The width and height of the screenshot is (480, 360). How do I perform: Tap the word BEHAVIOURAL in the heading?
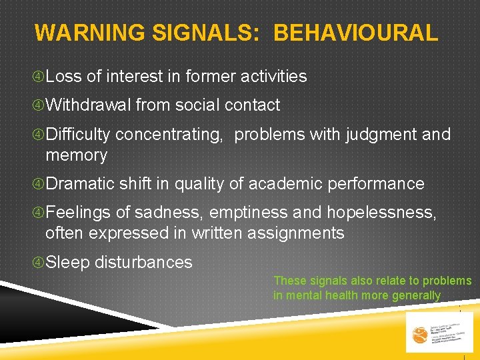tap(355, 32)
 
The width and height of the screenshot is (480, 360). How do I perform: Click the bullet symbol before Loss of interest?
tap(39, 77)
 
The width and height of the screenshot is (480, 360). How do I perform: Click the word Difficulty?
tap(78, 135)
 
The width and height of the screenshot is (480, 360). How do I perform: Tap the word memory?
tap(76, 155)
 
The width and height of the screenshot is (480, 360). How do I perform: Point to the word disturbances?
tap(143, 263)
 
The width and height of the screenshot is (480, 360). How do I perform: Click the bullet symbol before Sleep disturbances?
tap(39, 263)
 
